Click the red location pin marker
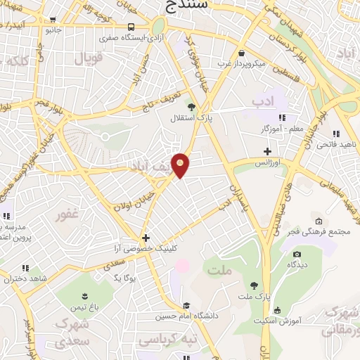(181, 165)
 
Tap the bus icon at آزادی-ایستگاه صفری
(131, 27)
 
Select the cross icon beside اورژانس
(266, 150)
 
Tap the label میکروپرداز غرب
(241, 64)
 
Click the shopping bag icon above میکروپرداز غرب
(241, 53)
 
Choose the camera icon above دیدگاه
(296, 254)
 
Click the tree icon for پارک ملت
(253, 285)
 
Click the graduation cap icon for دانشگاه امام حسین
(186, 305)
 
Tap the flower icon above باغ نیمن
(82, 295)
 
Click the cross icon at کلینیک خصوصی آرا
(146, 238)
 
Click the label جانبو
(54, 30)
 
